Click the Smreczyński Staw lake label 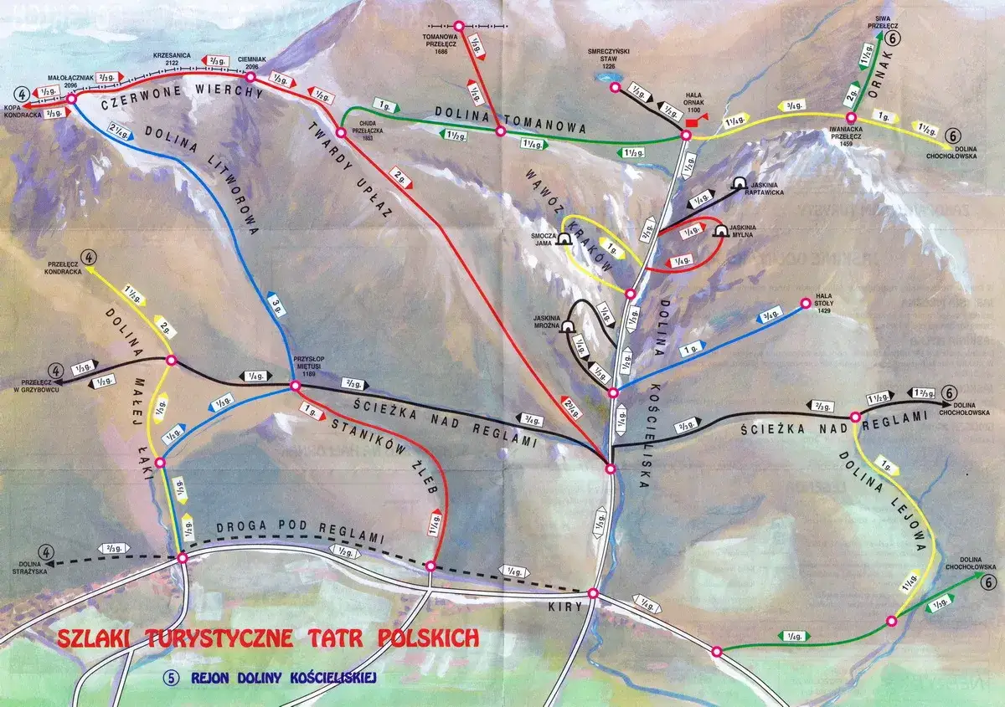pos(616,56)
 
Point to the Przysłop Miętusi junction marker pos(294,386)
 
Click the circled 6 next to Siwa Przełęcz pos(894,38)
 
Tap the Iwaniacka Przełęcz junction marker pos(850,118)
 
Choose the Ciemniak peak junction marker pos(250,77)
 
